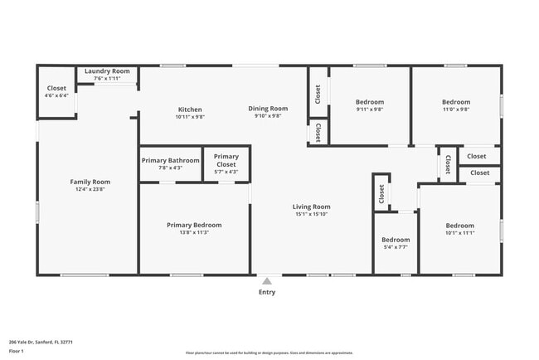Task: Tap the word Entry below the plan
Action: pyautogui.click(x=267, y=292)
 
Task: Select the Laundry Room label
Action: pyautogui.click(x=107, y=71)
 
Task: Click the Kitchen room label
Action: pyautogui.click(x=190, y=109)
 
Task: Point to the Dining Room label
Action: pyautogui.click(x=268, y=109)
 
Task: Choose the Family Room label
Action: pyautogui.click(x=90, y=182)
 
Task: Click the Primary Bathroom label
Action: pyautogui.click(x=170, y=160)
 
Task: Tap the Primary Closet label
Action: pyautogui.click(x=226, y=157)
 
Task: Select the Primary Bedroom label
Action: pyautogui.click(x=194, y=225)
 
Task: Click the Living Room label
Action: pyautogui.click(x=311, y=207)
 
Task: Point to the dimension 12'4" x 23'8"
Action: pyautogui.click(x=90, y=189)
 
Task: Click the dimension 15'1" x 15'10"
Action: pyautogui.click(x=311, y=214)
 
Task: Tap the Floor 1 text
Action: pyautogui.click(x=17, y=351)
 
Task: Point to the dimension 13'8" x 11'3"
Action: pyautogui.click(x=194, y=232)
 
